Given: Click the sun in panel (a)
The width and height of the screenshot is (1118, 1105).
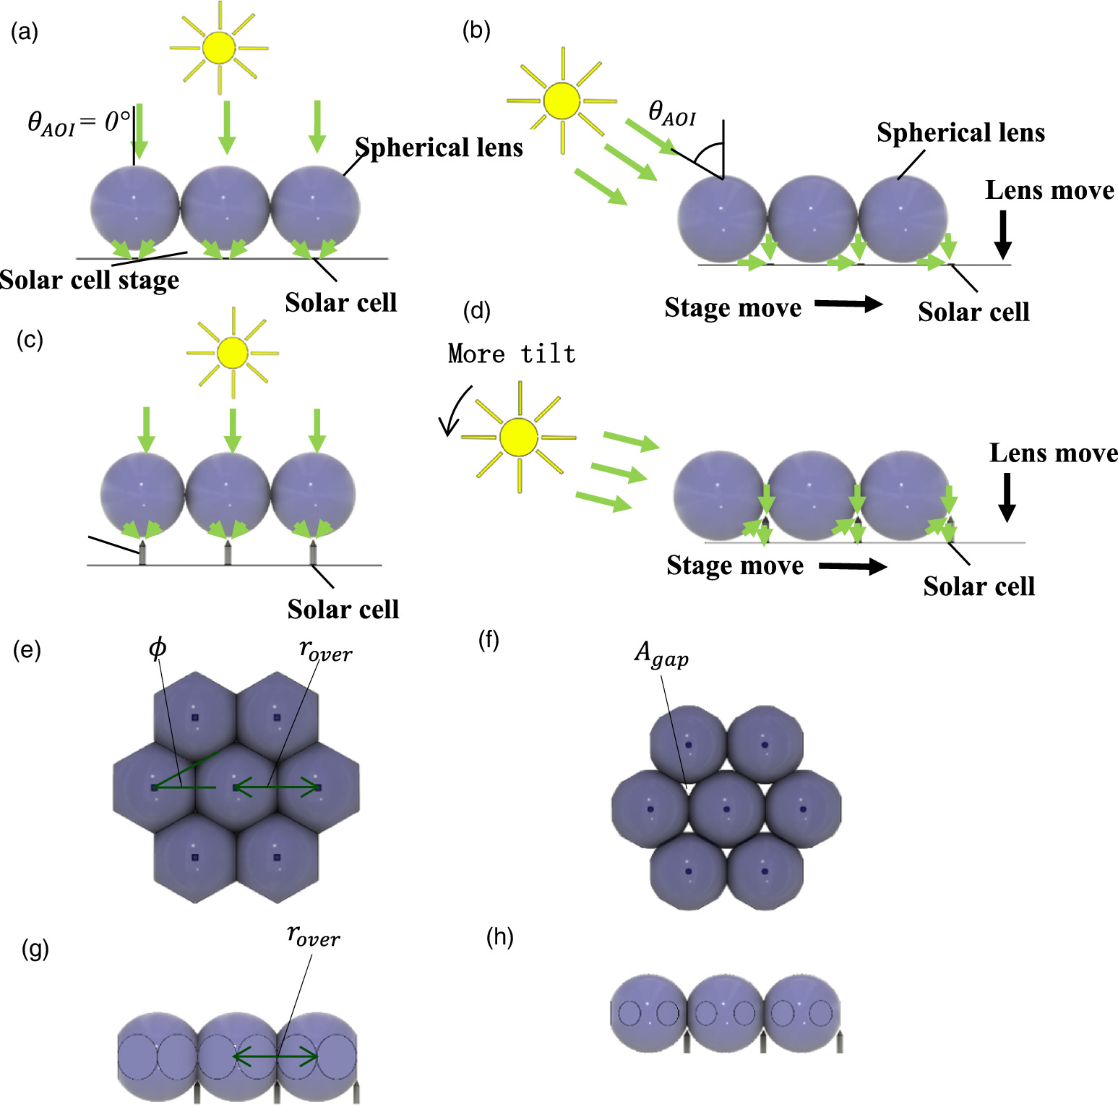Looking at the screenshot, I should coord(219,48).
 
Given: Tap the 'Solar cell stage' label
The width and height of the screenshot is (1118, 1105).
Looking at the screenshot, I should coord(89,280).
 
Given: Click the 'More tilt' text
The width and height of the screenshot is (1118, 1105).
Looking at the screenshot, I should coord(512,354).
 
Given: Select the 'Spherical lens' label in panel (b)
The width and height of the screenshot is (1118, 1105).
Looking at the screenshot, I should coord(960,133).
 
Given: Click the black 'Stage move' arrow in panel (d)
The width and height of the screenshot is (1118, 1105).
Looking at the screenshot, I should coord(853,566).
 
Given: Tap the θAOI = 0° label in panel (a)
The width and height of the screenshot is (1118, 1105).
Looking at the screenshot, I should coord(79,122).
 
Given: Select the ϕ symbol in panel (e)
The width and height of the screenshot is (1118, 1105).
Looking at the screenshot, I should coord(157,648).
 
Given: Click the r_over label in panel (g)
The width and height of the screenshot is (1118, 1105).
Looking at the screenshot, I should coord(313,936).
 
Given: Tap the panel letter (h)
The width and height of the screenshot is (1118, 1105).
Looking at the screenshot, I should coord(500,937).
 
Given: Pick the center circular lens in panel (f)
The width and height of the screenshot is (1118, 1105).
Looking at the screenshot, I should coord(726,808).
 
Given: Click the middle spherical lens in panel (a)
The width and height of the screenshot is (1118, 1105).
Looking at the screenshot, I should coord(224,208).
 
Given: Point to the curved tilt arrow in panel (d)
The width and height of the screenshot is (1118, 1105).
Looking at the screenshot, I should coord(454,411).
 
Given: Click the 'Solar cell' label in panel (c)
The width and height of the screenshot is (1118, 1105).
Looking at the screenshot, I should coord(343,610).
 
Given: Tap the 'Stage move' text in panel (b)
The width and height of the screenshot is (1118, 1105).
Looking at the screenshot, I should coord(733,308).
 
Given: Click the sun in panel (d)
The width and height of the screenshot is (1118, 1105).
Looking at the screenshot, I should coord(519,438).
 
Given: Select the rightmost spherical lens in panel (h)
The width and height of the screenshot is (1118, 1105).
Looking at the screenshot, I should coord(802,1012).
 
